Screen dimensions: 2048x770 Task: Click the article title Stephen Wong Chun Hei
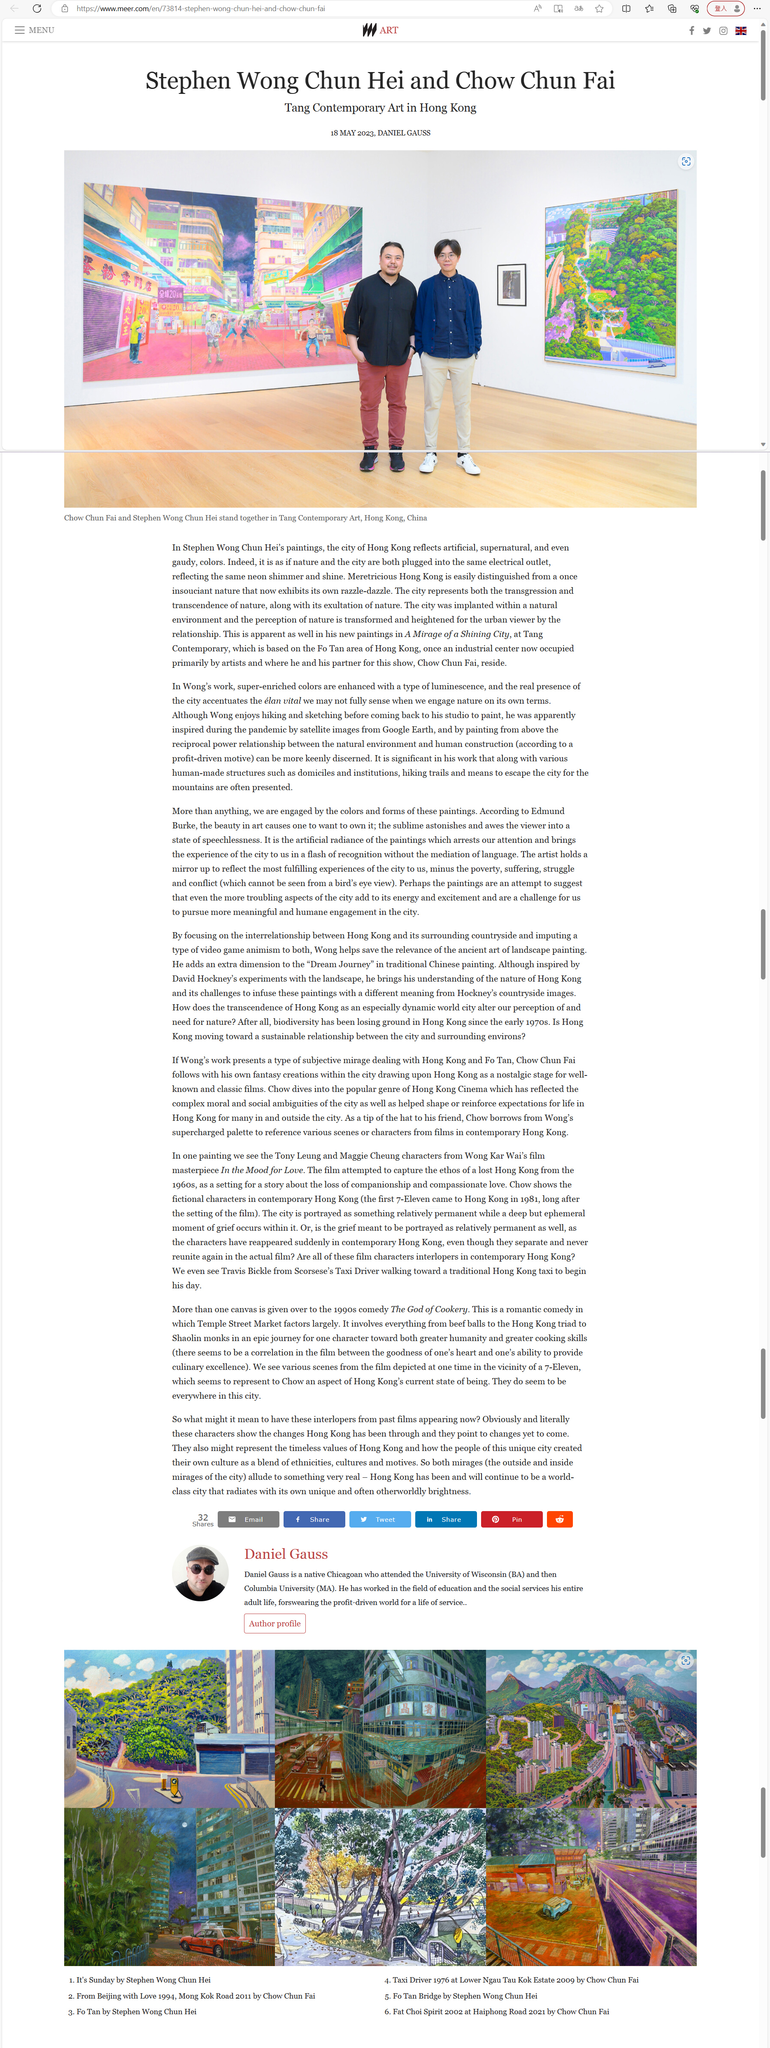pyautogui.click(x=380, y=80)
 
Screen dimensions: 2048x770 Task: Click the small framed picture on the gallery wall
pyautogui.click(x=511, y=284)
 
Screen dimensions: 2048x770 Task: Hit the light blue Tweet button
pyautogui.click(x=380, y=1519)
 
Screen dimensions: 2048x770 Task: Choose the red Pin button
pyautogui.click(x=511, y=1519)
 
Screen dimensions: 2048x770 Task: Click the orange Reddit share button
pyautogui.click(x=559, y=1519)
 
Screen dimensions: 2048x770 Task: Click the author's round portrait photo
pyautogui.click(x=200, y=1572)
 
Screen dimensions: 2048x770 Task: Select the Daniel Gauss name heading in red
pyautogui.click(x=286, y=1553)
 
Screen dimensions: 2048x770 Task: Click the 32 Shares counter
pyautogui.click(x=202, y=1519)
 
